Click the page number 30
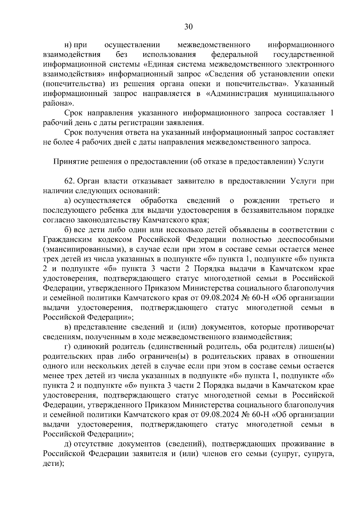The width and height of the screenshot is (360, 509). [188, 27]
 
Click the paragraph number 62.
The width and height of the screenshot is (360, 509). [69, 181]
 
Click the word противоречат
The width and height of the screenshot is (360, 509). [310, 327]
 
